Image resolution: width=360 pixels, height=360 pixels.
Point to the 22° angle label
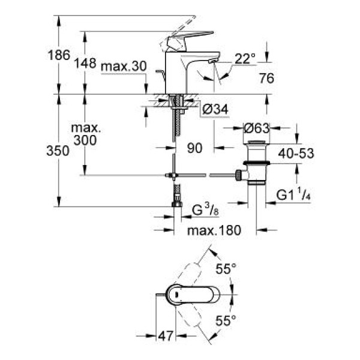tap(244, 58)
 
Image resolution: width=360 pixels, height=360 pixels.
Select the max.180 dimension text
tap(212, 230)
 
